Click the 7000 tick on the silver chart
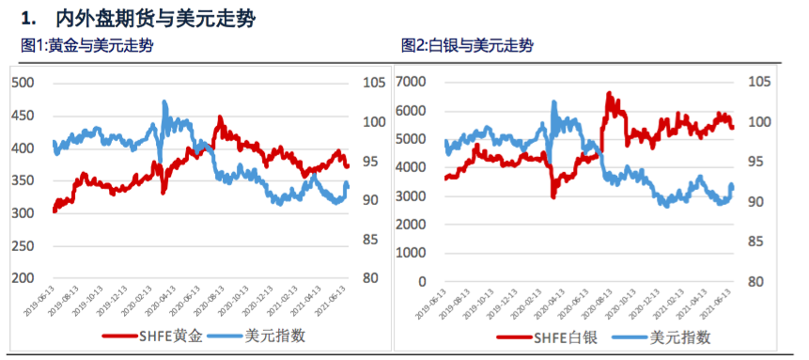coord(412,83)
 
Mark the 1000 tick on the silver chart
coord(412,253)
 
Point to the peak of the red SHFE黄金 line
coord(220,118)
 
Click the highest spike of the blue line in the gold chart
coord(164,102)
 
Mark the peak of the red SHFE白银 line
coord(609,93)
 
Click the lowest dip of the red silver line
coord(553,196)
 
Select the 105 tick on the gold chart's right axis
coord(373,83)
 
